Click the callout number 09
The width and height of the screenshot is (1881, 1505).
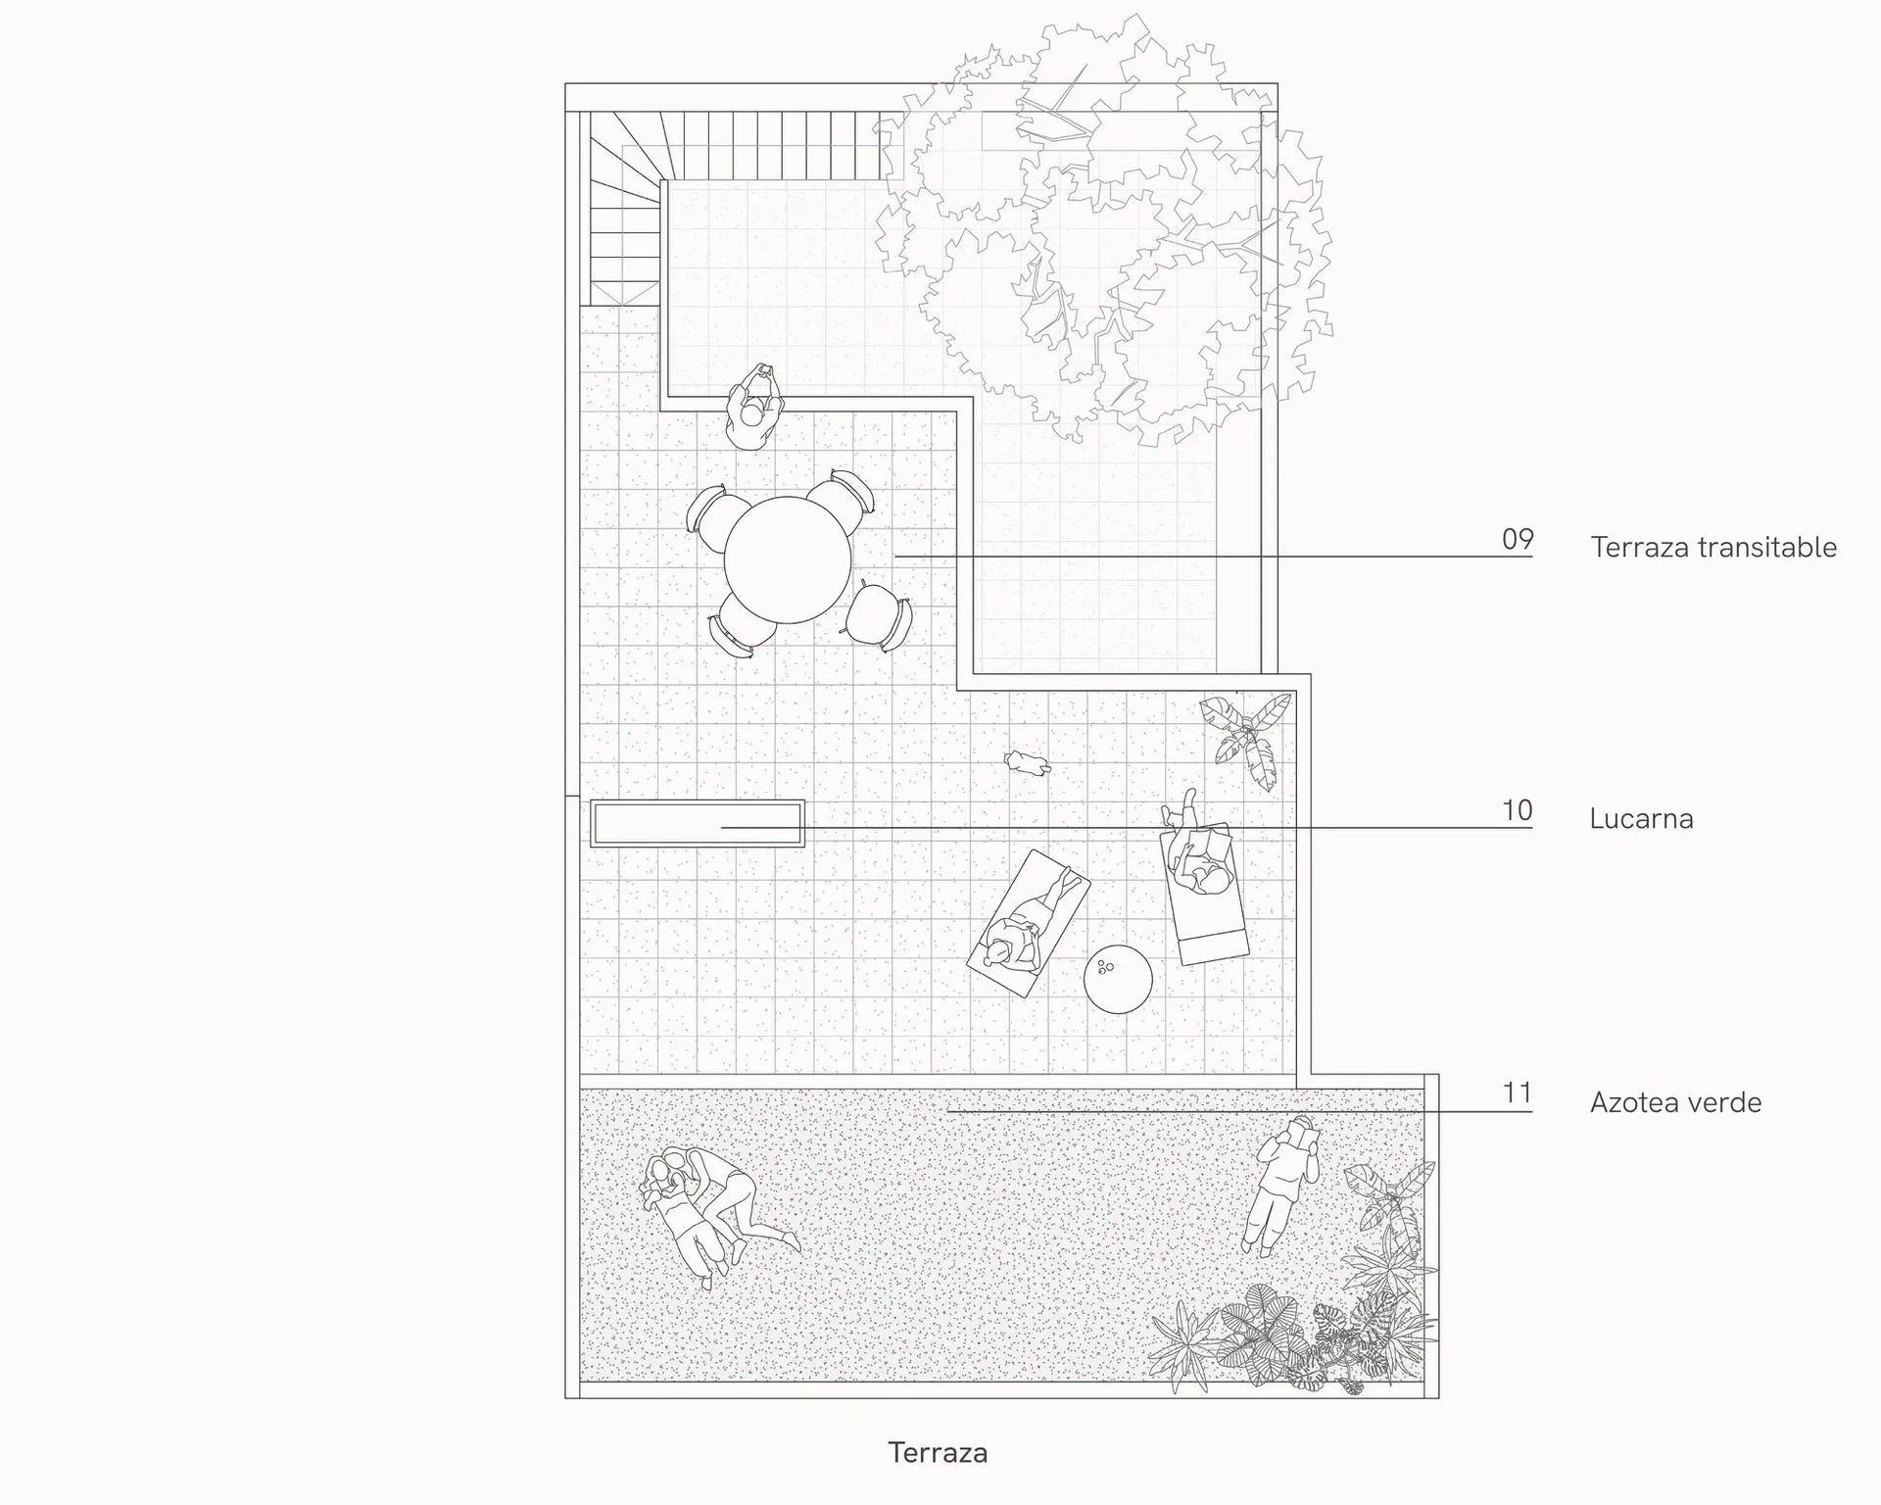point(1518,539)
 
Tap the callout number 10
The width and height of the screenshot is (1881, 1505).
point(1518,810)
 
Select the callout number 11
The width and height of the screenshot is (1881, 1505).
point(1518,1092)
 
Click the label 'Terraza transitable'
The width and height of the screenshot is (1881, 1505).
point(1713,547)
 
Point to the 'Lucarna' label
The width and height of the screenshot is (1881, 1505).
point(1641,818)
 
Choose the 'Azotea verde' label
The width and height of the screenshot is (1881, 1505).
point(1675,1102)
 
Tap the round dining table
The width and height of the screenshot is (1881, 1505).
point(788,559)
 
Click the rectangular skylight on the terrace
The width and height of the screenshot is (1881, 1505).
point(698,823)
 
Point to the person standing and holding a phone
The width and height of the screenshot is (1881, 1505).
point(753,408)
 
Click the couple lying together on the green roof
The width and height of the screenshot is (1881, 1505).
point(712,1213)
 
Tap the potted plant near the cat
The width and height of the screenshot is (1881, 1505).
point(1243,738)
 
